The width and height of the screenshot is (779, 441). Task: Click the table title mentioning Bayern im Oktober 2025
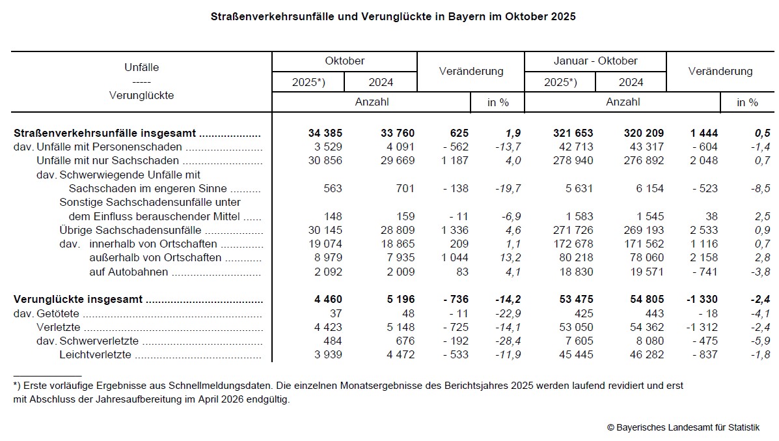pyautogui.click(x=393, y=16)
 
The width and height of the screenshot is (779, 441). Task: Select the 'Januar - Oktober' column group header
pyautogui.click(x=595, y=61)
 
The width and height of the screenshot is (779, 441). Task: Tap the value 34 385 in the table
pyautogui.click(x=325, y=133)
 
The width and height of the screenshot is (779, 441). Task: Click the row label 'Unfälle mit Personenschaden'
pyautogui.click(x=109, y=147)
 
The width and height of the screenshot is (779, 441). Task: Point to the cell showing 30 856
pyautogui.click(x=325, y=161)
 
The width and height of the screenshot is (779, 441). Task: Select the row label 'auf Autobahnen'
pyautogui.click(x=128, y=272)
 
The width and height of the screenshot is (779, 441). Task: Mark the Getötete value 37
pyautogui.click(x=334, y=313)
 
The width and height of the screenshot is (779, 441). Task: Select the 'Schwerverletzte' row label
pyautogui.click(x=98, y=341)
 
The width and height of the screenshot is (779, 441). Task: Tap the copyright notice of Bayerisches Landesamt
pyautogui.click(x=683, y=427)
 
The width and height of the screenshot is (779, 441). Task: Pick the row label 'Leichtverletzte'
pyautogui.click(x=95, y=355)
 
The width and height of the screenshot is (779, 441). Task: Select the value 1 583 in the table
pyautogui.click(x=578, y=216)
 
